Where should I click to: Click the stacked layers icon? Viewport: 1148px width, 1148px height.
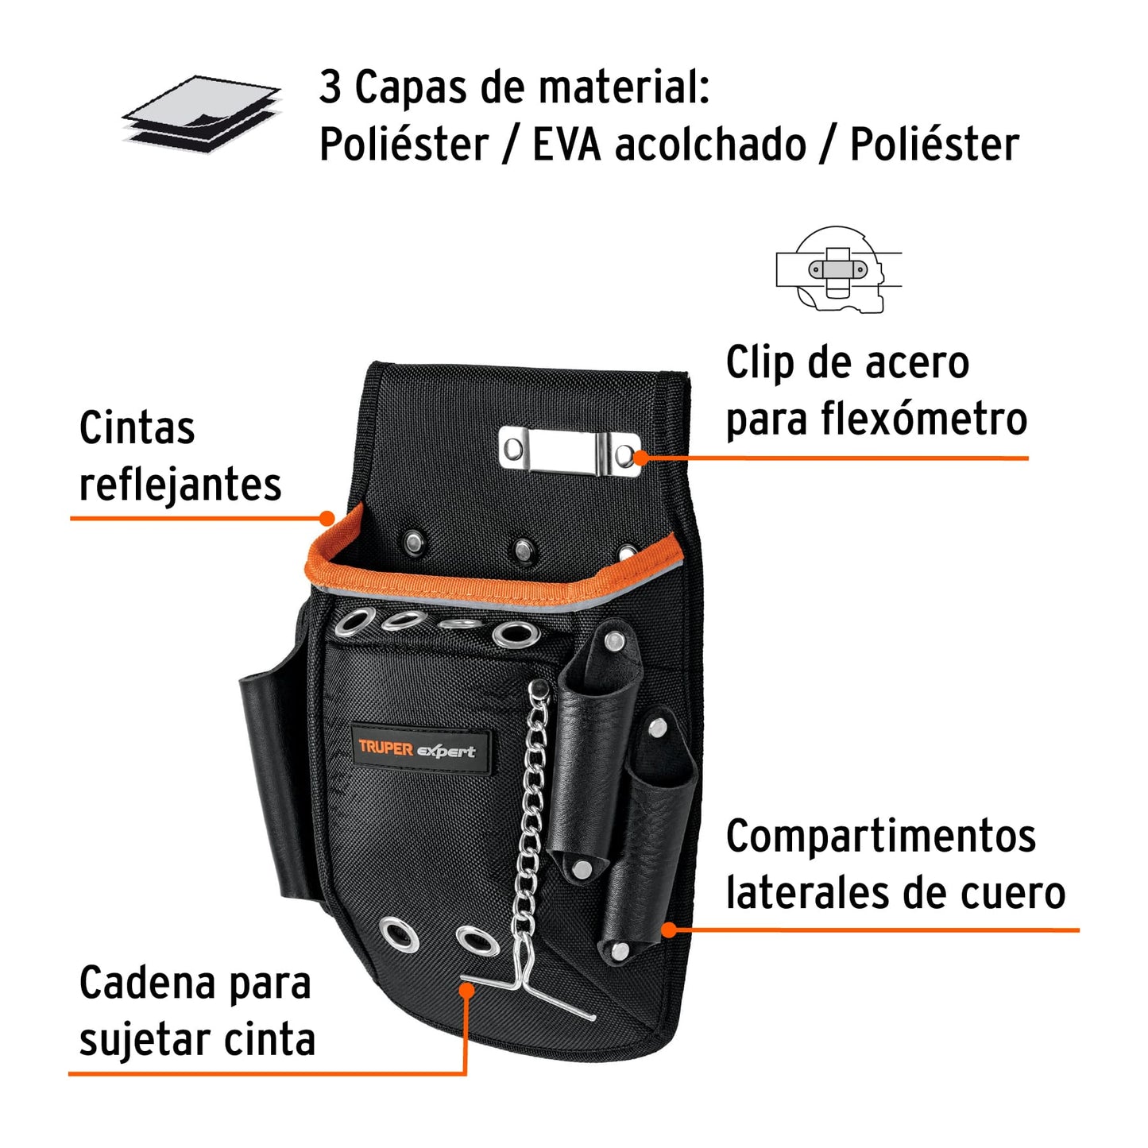click(x=202, y=114)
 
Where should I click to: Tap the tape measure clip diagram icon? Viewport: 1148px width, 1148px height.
click(x=839, y=269)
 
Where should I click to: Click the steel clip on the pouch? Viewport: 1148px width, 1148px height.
click(x=569, y=451)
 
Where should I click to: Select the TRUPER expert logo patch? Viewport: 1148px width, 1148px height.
click(x=418, y=749)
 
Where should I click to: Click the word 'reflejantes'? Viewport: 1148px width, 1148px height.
click(x=180, y=485)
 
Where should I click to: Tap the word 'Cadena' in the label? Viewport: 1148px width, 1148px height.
click(x=144, y=984)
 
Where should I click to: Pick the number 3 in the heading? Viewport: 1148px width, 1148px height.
click(x=330, y=87)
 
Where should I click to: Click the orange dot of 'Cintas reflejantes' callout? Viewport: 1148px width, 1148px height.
click(x=327, y=519)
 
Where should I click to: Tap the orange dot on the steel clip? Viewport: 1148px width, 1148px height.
click(x=640, y=457)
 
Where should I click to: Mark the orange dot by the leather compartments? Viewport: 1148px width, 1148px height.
click(x=669, y=929)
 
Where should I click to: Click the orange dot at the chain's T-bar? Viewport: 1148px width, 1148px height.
click(x=467, y=990)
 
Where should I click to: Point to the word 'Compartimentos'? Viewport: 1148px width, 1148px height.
click(x=880, y=837)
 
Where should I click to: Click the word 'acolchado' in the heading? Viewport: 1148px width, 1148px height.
click(x=710, y=145)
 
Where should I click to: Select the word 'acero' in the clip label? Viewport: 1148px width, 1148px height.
click(x=917, y=363)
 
